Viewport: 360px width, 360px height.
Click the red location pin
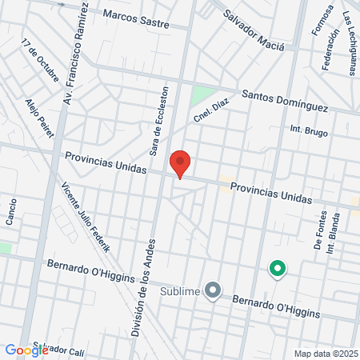point(181,163)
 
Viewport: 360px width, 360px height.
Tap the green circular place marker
point(278,269)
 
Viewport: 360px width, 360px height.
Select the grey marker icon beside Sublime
point(213,290)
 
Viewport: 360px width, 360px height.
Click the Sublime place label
point(180,291)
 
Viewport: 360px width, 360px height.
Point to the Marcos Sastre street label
point(137,18)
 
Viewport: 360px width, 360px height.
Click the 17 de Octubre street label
point(40,61)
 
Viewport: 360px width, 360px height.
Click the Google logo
point(26,350)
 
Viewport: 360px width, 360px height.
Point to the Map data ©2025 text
point(324,353)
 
